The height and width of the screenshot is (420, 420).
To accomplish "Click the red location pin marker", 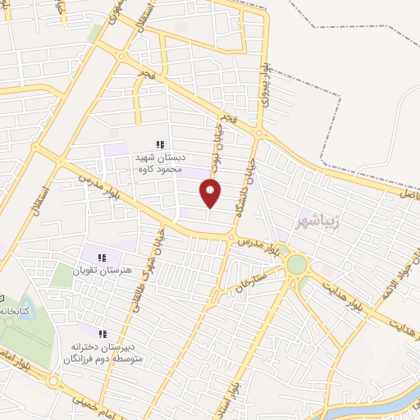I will (x=211, y=192).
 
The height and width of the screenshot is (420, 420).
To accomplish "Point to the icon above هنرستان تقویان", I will (x=102, y=258).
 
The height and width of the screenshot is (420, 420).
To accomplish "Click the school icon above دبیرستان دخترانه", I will (x=103, y=334).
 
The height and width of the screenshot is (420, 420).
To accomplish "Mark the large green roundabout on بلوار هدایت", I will (x=296, y=264).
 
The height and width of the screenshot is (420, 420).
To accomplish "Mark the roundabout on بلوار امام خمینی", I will (x=54, y=381).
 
